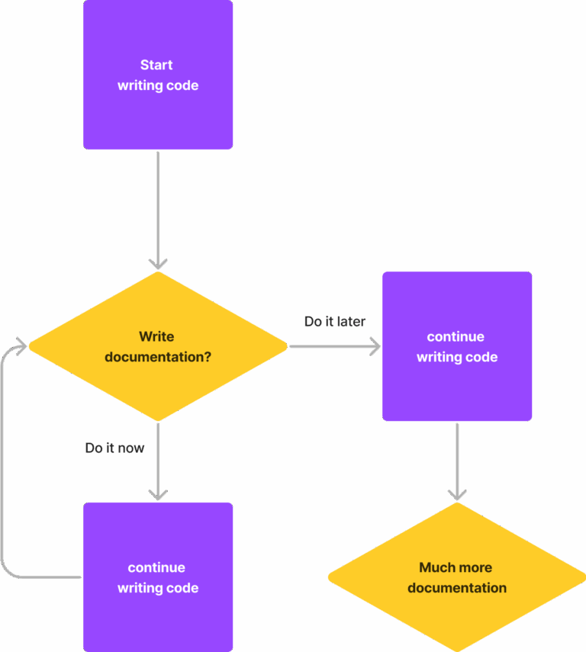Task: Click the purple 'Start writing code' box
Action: click(x=158, y=75)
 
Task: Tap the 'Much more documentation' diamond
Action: click(x=457, y=577)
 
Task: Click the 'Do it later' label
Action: click(x=334, y=322)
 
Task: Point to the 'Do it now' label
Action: click(x=114, y=448)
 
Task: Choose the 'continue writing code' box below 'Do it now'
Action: click(x=158, y=577)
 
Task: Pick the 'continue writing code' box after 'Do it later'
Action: click(x=457, y=346)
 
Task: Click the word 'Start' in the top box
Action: click(x=156, y=65)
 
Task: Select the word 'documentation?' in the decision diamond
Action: click(x=158, y=357)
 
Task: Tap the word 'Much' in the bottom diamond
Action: click(x=435, y=567)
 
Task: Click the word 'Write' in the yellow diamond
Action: click(x=156, y=336)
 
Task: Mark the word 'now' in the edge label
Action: click(x=131, y=448)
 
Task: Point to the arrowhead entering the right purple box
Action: click(x=375, y=347)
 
